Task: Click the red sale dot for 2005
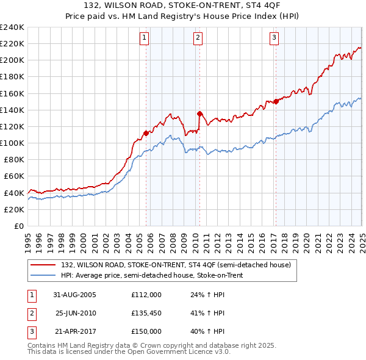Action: [x=146, y=132]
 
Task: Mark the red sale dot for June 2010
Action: [x=199, y=113]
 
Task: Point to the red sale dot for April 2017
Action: [x=276, y=101]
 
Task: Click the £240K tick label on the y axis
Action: [x=12, y=27]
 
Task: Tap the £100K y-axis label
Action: [x=12, y=143]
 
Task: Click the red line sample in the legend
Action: [x=43, y=265]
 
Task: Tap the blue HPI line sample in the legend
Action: [x=43, y=275]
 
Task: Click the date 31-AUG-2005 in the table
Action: [x=74, y=295]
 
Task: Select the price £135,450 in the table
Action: [x=146, y=313]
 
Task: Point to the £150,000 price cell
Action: [x=146, y=331]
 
